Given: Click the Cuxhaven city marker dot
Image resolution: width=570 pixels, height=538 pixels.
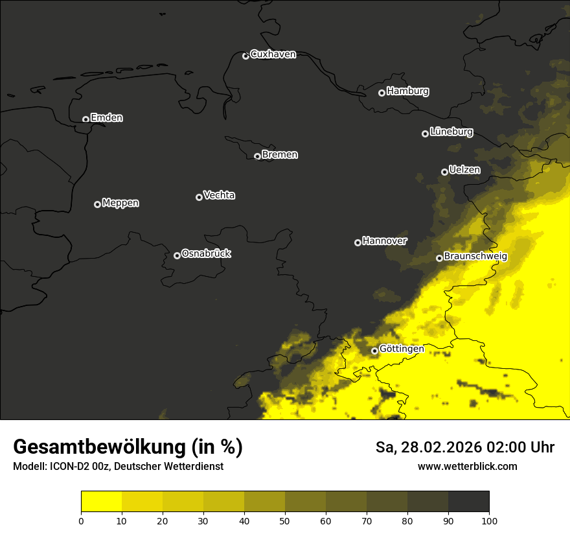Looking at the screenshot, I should [245, 56].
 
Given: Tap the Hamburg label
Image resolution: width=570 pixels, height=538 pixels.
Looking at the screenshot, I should [407, 91].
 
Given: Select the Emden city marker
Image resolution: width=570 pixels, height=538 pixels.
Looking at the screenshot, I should [85, 119].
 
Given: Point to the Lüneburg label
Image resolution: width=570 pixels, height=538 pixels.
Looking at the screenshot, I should [451, 132].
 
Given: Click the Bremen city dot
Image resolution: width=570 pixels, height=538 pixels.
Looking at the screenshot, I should [257, 156].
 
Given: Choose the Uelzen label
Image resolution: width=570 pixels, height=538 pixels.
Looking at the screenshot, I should [464, 170].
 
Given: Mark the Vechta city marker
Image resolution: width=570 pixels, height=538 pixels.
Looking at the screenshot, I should [199, 197].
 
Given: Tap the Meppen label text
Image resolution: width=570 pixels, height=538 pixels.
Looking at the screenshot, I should [120, 204].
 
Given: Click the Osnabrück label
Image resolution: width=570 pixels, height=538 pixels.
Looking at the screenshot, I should [206, 254].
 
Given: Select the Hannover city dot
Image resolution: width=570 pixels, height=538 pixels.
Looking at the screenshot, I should [358, 242].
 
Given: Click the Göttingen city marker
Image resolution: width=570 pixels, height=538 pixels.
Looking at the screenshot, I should [374, 351].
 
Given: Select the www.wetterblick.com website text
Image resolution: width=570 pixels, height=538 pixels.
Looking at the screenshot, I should [467, 467].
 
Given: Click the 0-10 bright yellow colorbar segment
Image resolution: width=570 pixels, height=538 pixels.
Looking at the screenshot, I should [101, 501].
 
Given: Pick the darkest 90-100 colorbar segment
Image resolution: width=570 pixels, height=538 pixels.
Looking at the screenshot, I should [468, 501].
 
